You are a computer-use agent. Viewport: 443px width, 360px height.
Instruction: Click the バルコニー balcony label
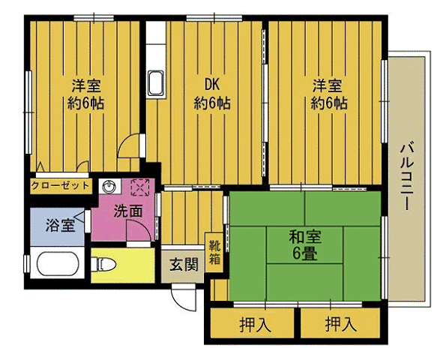click(x=408, y=175)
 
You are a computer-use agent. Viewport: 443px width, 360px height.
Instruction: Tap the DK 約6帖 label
click(x=212, y=93)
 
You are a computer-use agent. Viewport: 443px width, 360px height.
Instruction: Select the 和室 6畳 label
click(x=305, y=244)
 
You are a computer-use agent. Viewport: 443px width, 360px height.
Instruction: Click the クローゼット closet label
click(x=60, y=184)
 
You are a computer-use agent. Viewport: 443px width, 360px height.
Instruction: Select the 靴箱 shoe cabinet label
click(x=215, y=252)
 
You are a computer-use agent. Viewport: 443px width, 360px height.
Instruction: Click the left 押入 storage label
click(x=255, y=325)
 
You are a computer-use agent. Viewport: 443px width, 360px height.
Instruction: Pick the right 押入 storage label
click(x=342, y=325)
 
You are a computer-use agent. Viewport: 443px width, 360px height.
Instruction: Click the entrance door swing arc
click(x=181, y=297)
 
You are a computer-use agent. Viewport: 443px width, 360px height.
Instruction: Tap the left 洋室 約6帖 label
click(x=88, y=93)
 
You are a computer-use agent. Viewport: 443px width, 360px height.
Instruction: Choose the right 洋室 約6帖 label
click(x=329, y=93)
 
